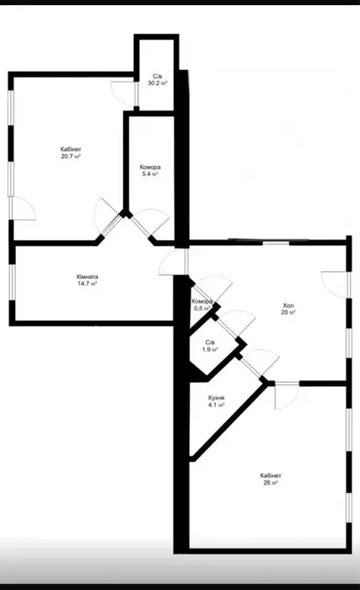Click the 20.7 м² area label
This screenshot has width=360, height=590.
point(71,157)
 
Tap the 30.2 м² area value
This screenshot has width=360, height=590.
point(158,83)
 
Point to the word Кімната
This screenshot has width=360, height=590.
point(88,277)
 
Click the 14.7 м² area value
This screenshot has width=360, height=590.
point(88,284)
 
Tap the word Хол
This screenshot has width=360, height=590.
point(288,305)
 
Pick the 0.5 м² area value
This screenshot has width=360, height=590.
point(203,308)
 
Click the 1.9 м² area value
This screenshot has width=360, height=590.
point(210,350)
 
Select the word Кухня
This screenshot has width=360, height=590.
point(217,398)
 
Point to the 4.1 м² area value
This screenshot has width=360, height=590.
point(217,405)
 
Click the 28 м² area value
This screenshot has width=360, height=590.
point(271,483)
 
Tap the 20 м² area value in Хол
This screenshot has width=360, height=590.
point(288,313)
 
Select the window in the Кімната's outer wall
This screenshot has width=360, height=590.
point(13,282)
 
